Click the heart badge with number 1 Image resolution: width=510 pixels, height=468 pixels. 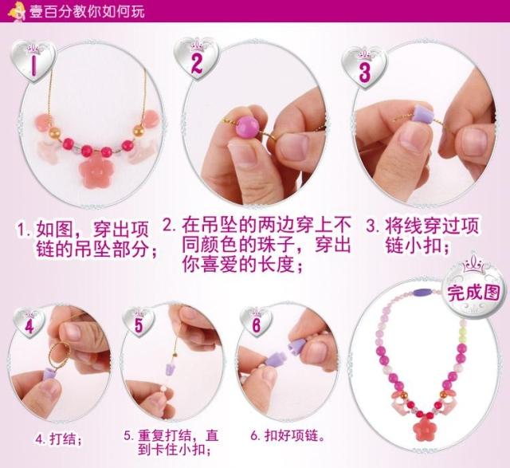click(33, 61)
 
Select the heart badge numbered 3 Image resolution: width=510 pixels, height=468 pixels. click(365, 69)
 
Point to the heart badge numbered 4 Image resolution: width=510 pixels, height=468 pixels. click(29, 324)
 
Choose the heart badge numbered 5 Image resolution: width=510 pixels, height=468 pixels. click(139, 323)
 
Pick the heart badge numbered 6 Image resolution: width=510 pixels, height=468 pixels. click(256, 323)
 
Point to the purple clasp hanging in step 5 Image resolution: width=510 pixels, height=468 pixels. click(171, 368)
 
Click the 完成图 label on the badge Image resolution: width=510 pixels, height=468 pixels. click(473, 293)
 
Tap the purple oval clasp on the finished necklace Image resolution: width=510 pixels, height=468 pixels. click(423, 291)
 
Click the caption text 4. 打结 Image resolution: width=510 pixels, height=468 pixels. click(59, 439)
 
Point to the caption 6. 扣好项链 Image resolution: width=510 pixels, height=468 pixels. click(288, 435)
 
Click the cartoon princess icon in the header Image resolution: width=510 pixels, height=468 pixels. click(17, 11)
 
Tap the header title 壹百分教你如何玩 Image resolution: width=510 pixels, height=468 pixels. click(87, 12)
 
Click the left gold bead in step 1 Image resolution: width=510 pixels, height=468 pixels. click(54, 132)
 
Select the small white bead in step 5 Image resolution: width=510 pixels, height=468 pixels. click(162, 389)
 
